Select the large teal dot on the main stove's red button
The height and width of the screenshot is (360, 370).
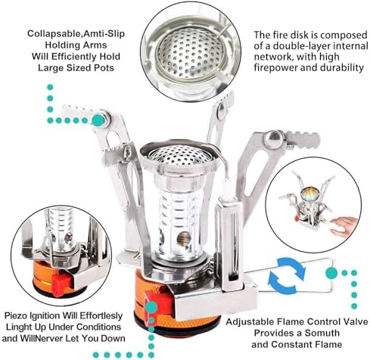pyautogui.click(x=150, y=306)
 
